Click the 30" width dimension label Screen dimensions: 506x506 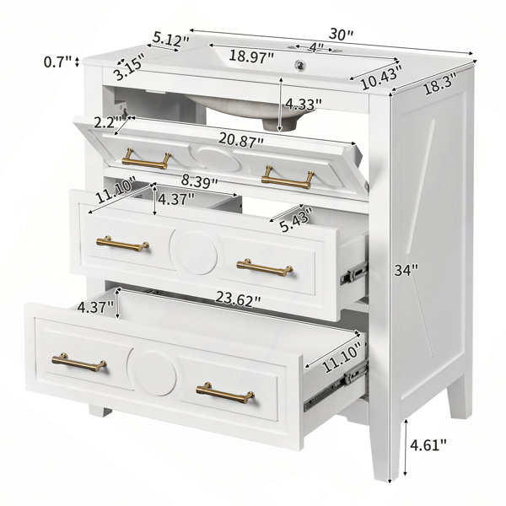342,35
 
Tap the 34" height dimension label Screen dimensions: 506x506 406,270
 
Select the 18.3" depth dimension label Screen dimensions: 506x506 441,83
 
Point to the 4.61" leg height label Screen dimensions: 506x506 428,445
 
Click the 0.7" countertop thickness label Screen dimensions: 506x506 57,62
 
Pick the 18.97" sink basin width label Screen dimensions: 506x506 251,57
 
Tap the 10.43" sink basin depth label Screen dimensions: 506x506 382,77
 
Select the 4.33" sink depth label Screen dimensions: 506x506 304,105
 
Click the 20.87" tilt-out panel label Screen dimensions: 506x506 241,140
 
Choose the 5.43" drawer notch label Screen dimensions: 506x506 297,219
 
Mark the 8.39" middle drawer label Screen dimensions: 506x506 199,181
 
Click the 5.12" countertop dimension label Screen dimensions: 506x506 170,40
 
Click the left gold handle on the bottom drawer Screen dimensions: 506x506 79,363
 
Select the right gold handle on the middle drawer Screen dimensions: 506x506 265,267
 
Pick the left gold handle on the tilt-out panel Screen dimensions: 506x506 147,159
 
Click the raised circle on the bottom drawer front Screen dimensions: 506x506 153,373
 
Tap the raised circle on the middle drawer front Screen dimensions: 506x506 194,253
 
